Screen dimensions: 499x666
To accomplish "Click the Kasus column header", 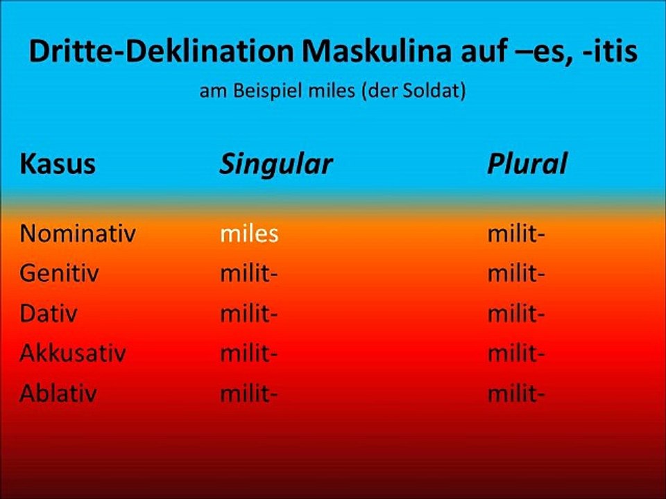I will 58,164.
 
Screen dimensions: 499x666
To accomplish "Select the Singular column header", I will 276,164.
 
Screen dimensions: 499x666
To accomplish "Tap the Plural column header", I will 527,164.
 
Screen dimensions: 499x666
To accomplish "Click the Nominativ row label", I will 77,234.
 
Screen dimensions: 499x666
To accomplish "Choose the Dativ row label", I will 49,314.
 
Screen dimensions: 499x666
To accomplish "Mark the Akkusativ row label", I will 73,354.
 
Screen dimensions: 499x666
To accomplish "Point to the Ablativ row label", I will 58,394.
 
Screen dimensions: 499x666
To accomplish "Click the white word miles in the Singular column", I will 249,234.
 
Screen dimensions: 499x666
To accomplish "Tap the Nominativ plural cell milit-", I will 516,234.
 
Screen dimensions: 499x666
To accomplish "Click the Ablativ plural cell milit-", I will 516,394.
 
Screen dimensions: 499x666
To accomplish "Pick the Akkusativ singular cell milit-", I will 249,354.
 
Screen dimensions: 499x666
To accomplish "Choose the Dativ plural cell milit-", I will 516,314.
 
